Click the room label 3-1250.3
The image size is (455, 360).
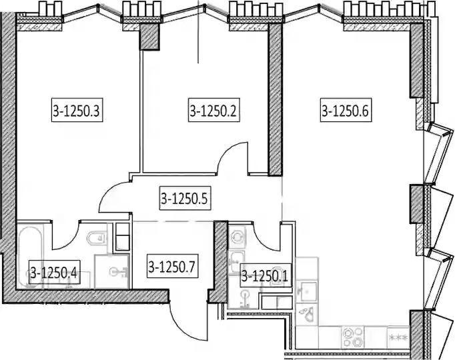[77, 110]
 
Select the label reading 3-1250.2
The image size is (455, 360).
[214, 110]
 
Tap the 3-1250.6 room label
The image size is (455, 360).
[346, 110]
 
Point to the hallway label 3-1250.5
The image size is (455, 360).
[185, 199]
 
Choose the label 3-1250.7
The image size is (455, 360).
[173, 267]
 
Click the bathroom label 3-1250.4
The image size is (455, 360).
[54, 273]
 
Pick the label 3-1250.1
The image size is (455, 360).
[266, 275]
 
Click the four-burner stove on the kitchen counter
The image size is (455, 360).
[352, 337]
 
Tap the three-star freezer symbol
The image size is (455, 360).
[398, 337]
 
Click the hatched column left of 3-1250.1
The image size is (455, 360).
[218, 261]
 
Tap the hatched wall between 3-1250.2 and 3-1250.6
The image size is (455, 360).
[275, 99]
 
